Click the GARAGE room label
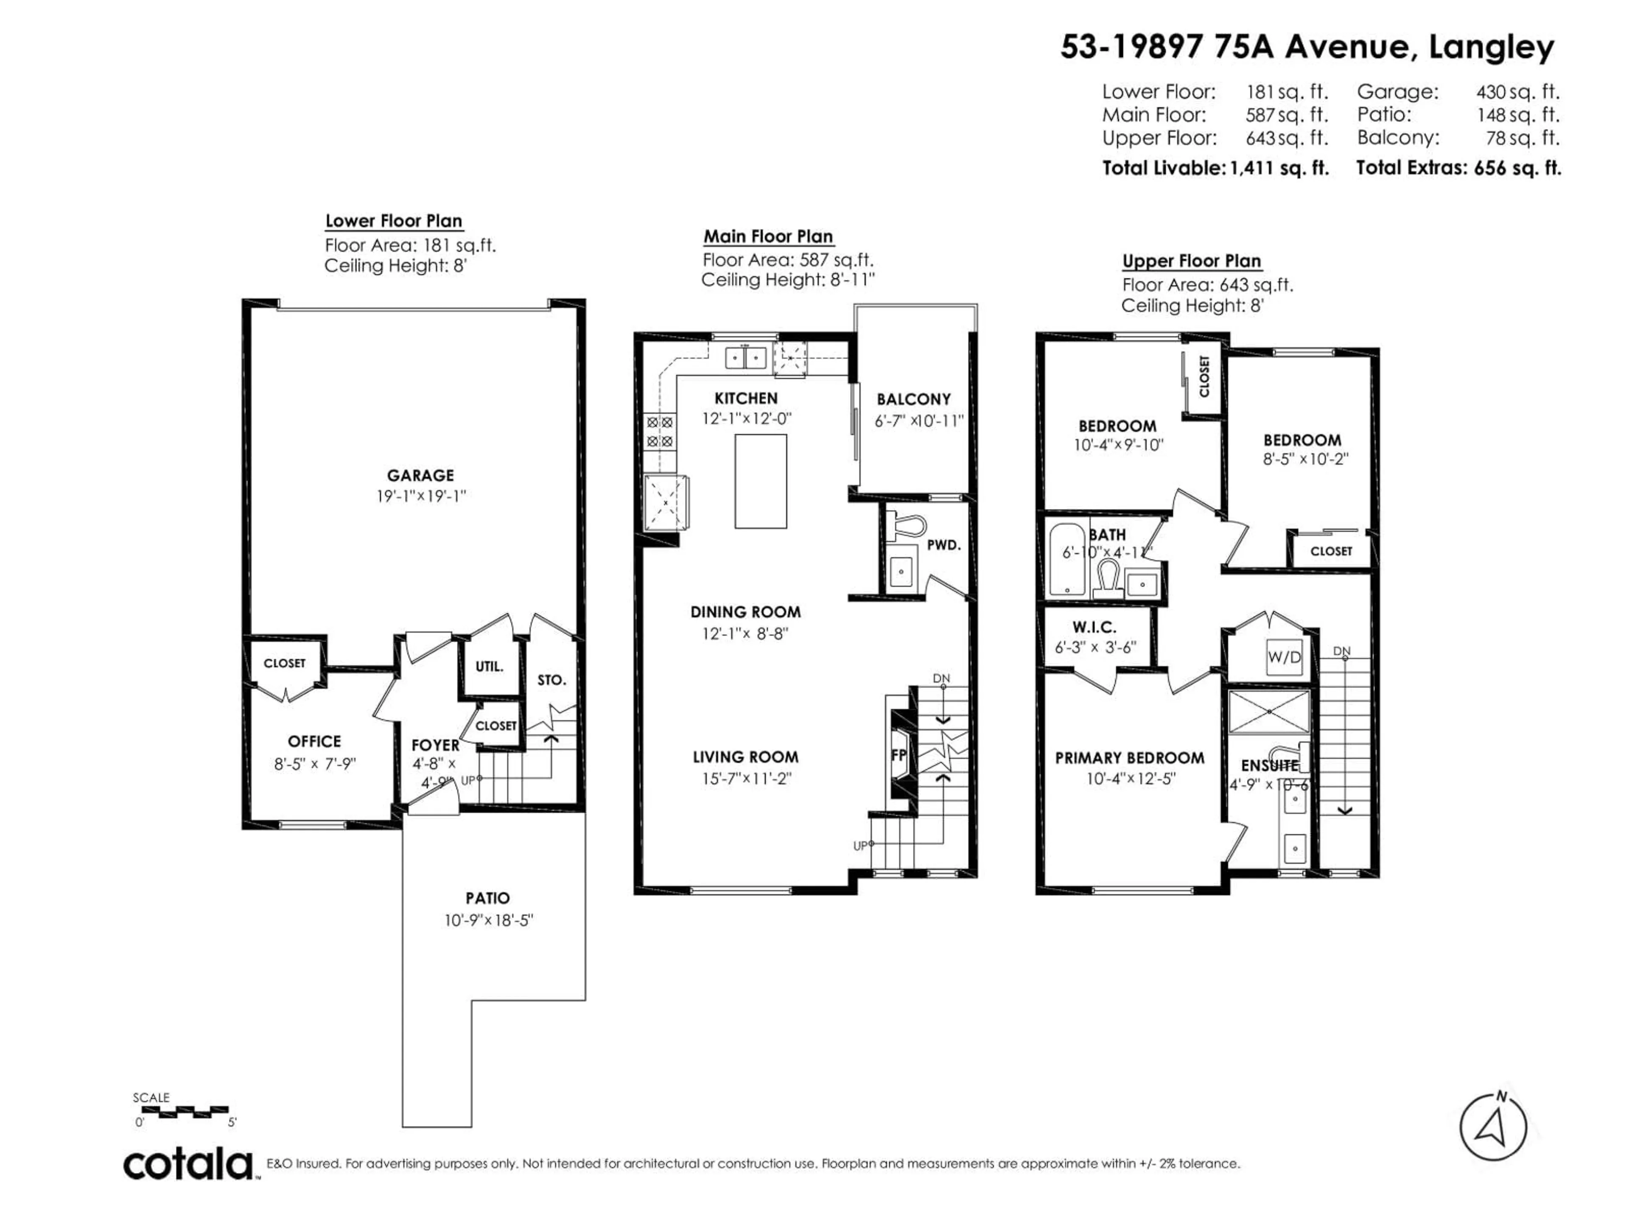click(x=420, y=476)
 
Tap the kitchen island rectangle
click(x=760, y=481)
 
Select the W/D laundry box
click(x=1284, y=657)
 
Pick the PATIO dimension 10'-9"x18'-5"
click(x=488, y=920)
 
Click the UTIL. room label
click(x=489, y=667)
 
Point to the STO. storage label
click(x=551, y=680)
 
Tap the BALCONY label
click(x=913, y=399)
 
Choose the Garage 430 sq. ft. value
click(x=1517, y=92)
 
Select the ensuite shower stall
click(x=1269, y=712)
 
